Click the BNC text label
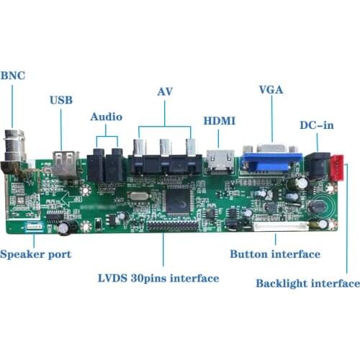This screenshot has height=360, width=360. (x=13, y=76)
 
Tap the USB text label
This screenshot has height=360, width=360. (x=61, y=101)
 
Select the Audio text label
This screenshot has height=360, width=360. (x=107, y=117)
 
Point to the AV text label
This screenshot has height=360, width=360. (x=165, y=92)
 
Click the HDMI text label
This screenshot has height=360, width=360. (x=220, y=120)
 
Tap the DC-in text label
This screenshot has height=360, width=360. (x=317, y=126)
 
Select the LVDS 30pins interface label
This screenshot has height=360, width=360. (x=158, y=278)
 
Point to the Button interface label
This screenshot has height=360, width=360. (x=275, y=254)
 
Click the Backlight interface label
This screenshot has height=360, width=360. (x=307, y=283)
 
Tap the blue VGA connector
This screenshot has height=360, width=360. (x=270, y=161)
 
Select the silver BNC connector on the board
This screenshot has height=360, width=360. (x=14, y=148)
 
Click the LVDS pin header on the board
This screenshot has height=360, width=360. (x=173, y=225)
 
